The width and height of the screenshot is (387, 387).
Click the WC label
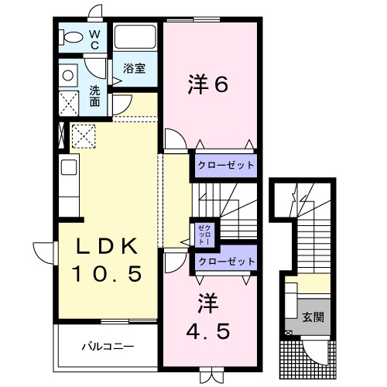[x=94, y=39]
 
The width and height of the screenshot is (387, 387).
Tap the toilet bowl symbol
[x=71, y=36]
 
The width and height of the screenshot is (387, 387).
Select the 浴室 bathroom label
[x=135, y=68]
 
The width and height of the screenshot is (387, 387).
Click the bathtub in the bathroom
[x=136, y=38]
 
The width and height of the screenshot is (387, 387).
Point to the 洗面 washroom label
[x=94, y=94]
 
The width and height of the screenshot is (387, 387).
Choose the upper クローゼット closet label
[x=224, y=165]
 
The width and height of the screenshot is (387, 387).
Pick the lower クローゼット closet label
[x=224, y=262]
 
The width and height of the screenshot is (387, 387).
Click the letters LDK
[x=107, y=247]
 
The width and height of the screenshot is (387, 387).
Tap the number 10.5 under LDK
[x=107, y=273]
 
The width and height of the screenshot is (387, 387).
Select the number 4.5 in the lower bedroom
[x=207, y=330]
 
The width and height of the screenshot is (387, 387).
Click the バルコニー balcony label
[x=108, y=347]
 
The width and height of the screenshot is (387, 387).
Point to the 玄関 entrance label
[x=314, y=317]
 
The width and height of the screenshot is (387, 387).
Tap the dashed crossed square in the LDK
[x=82, y=136]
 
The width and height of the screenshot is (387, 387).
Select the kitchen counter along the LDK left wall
[x=68, y=186]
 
